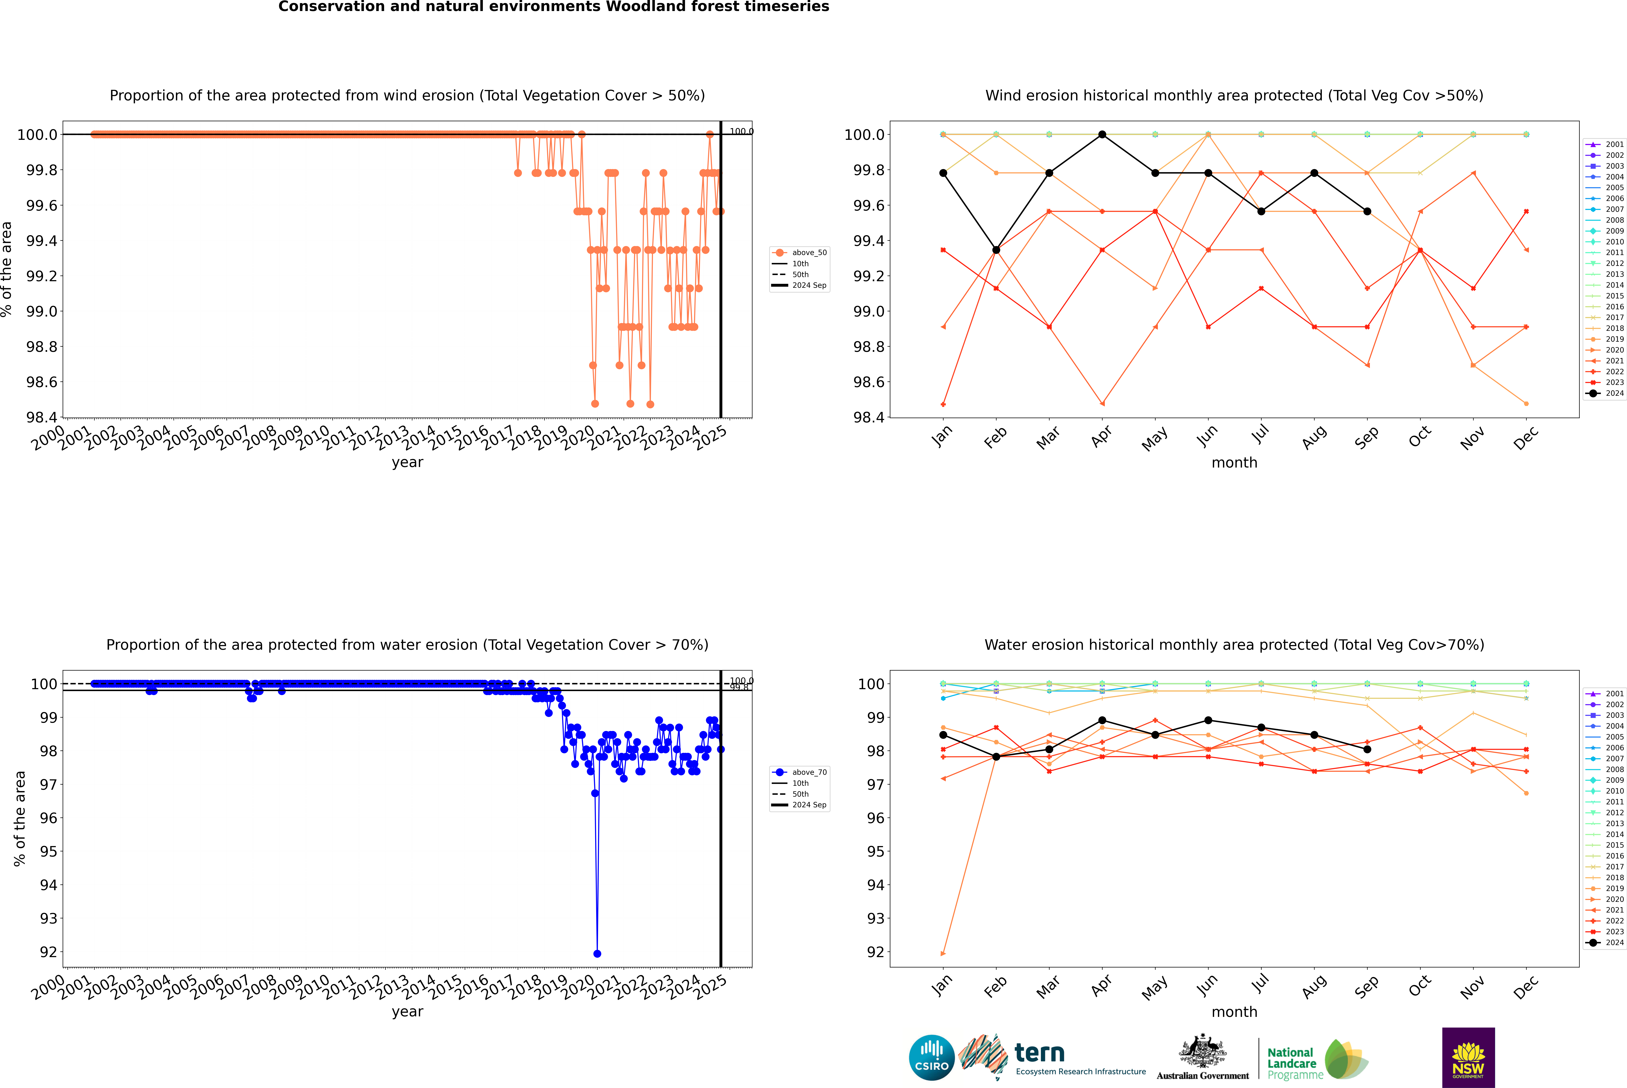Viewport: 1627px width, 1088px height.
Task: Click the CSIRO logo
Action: click(x=931, y=1058)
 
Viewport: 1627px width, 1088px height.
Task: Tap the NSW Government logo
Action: click(x=1468, y=1058)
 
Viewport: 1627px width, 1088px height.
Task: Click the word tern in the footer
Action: click(x=1039, y=1053)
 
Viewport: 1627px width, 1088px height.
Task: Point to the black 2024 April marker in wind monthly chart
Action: click(x=1102, y=135)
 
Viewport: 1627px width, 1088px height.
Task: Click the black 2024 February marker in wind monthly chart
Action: click(x=996, y=250)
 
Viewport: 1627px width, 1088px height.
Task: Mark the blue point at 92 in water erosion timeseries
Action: click(x=597, y=953)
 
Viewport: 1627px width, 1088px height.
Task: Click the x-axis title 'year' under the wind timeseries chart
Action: click(x=407, y=462)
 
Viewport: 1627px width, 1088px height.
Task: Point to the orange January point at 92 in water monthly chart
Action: click(x=943, y=953)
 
